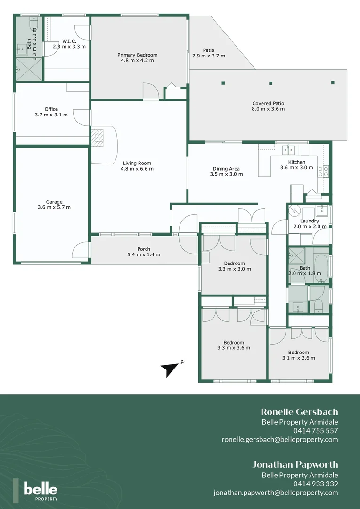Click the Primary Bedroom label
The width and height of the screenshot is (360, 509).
pyautogui.click(x=137, y=55)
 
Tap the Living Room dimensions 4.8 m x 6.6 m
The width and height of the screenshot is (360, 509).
pyautogui.click(x=137, y=169)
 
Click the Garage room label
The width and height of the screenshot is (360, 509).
pyautogui.click(x=54, y=202)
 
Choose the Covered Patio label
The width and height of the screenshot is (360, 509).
pyautogui.click(x=268, y=103)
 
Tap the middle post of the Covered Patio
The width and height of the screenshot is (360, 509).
pyautogui.click(x=270, y=83)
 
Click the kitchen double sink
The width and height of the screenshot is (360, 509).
pyautogui.click(x=288, y=150)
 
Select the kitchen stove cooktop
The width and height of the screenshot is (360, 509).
pyautogui.click(x=323, y=172)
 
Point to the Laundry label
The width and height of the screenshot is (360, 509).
pyautogui.click(x=309, y=221)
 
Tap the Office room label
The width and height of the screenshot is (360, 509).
pyautogui.click(x=51, y=109)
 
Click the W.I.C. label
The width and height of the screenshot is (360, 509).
pyautogui.click(x=69, y=41)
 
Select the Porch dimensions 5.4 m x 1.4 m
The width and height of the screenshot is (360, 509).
pyautogui.click(x=144, y=254)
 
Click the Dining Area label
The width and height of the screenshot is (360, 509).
pyautogui.click(x=226, y=169)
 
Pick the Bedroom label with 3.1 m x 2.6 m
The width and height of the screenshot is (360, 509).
pyautogui.click(x=299, y=352)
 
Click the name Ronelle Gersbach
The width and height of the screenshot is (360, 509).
pyautogui.click(x=299, y=412)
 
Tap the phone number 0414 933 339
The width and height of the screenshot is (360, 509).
pyautogui.click(x=315, y=484)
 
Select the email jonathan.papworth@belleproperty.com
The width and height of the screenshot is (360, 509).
pyautogui.click(x=276, y=493)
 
